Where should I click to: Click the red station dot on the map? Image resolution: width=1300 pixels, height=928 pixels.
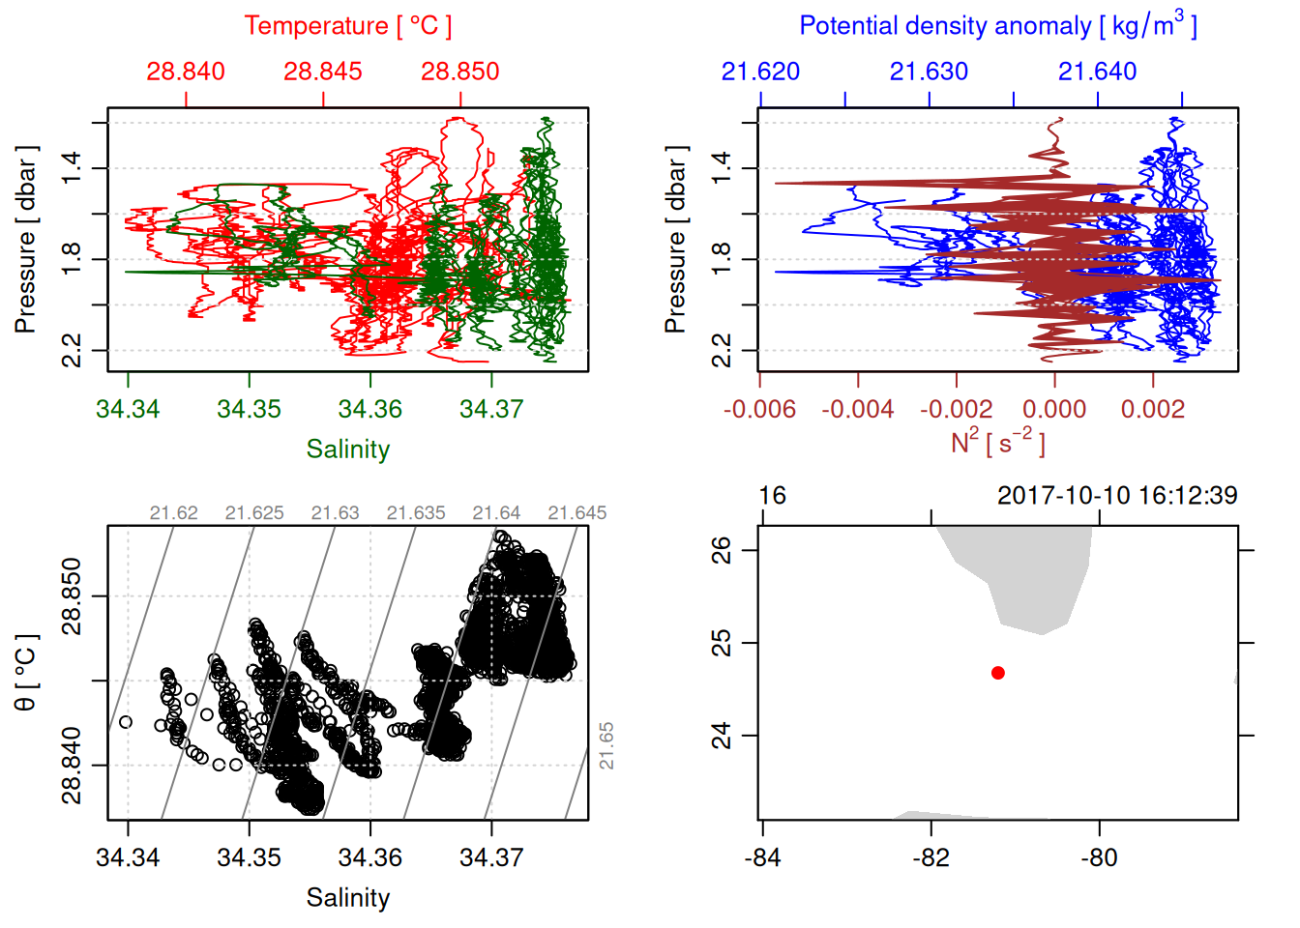997,673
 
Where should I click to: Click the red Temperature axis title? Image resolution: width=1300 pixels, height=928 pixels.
347,26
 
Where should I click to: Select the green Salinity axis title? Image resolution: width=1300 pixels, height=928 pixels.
347,449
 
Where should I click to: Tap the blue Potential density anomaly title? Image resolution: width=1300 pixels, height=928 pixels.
997,26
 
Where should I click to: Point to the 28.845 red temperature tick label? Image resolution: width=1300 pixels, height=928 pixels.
322,72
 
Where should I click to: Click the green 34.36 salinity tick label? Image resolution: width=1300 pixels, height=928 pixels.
370,409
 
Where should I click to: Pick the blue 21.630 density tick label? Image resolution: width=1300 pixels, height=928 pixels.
929,72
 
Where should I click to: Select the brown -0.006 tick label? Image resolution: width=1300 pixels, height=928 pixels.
759,409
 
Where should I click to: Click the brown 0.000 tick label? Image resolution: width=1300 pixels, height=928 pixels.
1054,409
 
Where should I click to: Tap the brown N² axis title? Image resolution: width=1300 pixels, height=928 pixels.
997,442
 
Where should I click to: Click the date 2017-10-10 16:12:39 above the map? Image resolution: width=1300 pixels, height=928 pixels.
1117,496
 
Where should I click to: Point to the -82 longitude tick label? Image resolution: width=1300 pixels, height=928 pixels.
931,857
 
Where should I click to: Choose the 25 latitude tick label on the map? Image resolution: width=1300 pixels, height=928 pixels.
722,643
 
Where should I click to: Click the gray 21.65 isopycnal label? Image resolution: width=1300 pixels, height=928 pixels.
606,745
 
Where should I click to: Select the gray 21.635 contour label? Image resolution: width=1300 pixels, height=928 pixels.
416,513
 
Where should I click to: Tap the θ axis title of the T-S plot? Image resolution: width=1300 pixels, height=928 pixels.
25,673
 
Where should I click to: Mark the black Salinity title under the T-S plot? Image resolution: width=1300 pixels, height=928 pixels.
347,898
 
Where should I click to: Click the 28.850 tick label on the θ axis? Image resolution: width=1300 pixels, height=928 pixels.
72,596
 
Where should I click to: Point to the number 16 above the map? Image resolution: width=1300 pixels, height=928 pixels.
772,496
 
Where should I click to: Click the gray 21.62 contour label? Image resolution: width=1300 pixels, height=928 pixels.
174,513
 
